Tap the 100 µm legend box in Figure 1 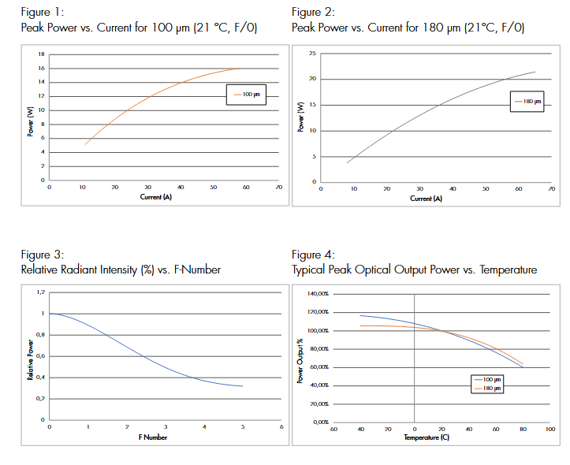coord(248,95)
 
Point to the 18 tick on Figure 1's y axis coord(41,54)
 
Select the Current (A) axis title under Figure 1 coord(156,197)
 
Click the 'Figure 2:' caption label coord(313,13)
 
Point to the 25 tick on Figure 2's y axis coord(312,54)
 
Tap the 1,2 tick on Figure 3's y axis coord(41,292)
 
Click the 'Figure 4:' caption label coord(313,255)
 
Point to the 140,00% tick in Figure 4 coord(317,294)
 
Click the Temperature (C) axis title coord(427,437)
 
